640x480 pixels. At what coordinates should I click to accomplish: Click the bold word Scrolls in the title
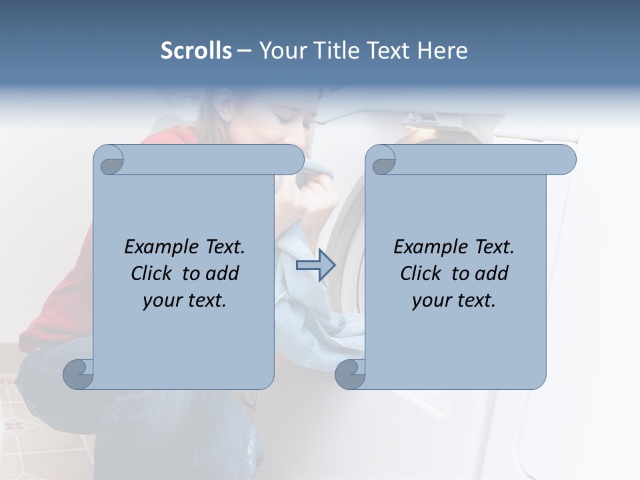[x=197, y=51]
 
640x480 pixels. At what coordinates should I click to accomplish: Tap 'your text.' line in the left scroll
[x=185, y=300]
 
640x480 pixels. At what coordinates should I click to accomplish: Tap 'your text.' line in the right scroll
[x=454, y=300]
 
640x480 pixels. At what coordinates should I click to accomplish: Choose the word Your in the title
[x=277, y=51]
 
